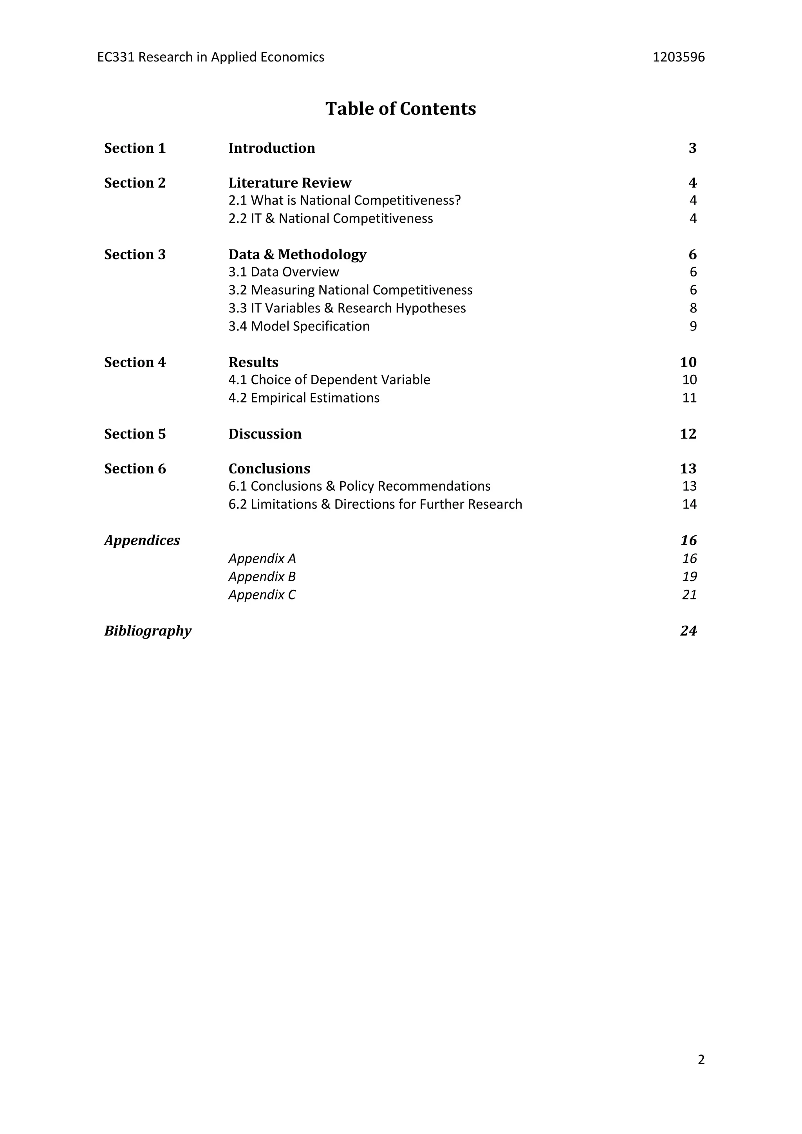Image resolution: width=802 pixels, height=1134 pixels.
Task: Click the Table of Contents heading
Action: pyautogui.click(x=401, y=108)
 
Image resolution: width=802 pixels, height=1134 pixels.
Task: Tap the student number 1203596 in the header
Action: pyautogui.click(x=679, y=57)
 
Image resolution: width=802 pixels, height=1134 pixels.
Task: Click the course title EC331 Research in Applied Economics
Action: pyautogui.click(x=211, y=57)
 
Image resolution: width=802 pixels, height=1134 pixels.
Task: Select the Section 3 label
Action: pyautogui.click(x=135, y=255)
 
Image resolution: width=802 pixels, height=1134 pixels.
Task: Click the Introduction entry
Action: pyautogui.click(x=272, y=148)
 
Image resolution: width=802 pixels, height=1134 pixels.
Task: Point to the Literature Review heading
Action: pyautogui.click(x=290, y=183)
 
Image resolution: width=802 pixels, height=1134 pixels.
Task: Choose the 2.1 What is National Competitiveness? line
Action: pyautogui.click(x=344, y=200)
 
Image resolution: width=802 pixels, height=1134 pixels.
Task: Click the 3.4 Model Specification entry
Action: pyautogui.click(x=299, y=327)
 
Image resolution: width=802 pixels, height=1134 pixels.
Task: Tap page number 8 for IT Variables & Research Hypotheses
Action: pyautogui.click(x=693, y=308)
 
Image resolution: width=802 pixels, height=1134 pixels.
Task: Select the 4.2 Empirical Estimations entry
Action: pyautogui.click(x=304, y=398)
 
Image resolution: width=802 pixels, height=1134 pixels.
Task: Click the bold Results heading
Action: pyautogui.click(x=253, y=363)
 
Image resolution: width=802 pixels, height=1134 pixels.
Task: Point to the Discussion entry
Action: pyautogui.click(x=265, y=434)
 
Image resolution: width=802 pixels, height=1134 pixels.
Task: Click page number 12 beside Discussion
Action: pyautogui.click(x=688, y=434)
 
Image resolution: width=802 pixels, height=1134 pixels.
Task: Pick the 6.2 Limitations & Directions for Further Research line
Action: pyautogui.click(x=375, y=504)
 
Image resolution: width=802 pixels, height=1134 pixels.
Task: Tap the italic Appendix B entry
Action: pyautogui.click(x=262, y=577)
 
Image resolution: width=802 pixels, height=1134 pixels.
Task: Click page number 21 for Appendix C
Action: pyautogui.click(x=689, y=595)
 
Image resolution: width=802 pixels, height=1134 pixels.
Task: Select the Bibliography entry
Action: pyautogui.click(x=148, y=631)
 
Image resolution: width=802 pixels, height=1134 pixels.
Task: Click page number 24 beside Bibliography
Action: pyautogui.click(x=688, y=631)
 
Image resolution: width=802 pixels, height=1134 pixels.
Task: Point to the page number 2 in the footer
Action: pyautogui.click(x=701, y=1060)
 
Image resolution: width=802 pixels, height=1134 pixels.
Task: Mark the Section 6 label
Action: pyautogui.click(x=135, y=469)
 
